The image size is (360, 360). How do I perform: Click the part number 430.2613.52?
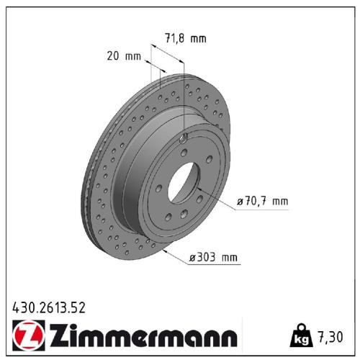[x=50, y=307]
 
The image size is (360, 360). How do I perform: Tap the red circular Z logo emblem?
[x=26, y=335]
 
